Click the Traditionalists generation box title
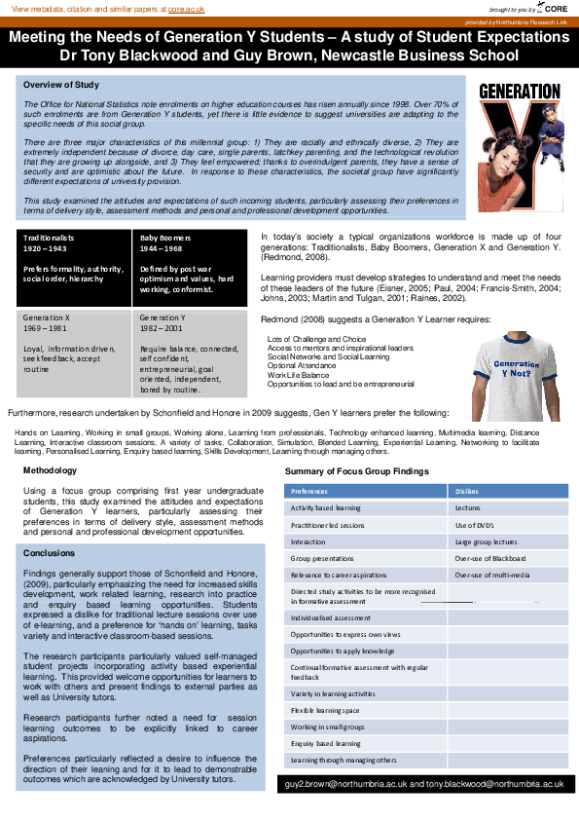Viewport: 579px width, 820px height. [x=49, y=237]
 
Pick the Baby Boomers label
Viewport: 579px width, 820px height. [x=164, y=237]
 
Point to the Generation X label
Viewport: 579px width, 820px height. [x=47, y=317]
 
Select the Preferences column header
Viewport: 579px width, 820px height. [x=309, y=492]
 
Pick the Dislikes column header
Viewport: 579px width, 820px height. [x=467, y=492]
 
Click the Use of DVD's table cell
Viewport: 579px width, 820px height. [x=475, y=525]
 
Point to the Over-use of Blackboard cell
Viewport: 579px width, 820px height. [x=489, y=558]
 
